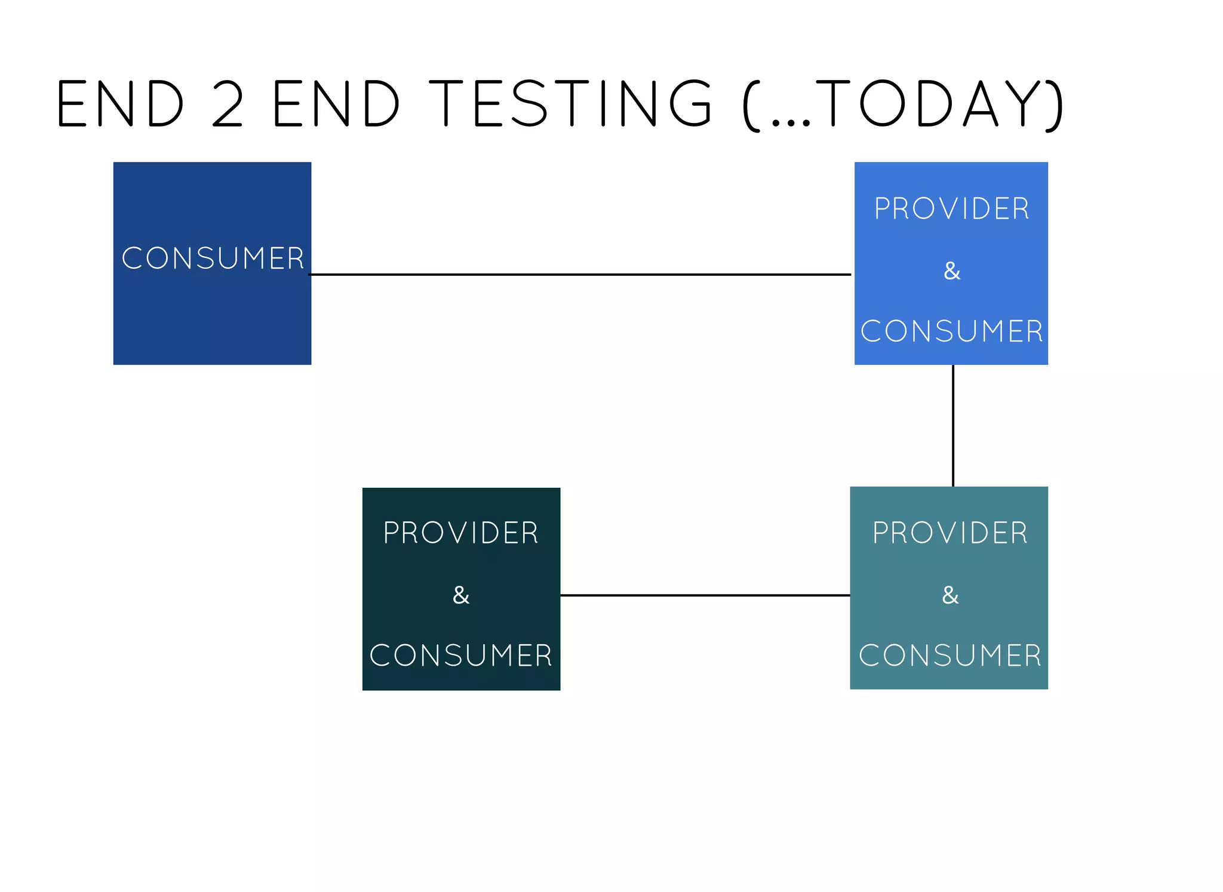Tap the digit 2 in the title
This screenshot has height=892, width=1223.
[x=228, y=104]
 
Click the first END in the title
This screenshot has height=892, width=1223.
[x=120, y=104]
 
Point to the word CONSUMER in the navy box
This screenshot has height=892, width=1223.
[x=213, y=259]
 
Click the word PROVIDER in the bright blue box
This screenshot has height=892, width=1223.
[x=952, y=209]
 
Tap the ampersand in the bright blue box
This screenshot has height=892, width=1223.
[x=952, y=271]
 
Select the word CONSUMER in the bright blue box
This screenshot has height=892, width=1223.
[x=952, y=331]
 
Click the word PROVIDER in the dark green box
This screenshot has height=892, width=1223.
[x=461, y=533]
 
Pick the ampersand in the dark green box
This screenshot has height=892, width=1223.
[x=461, y=595]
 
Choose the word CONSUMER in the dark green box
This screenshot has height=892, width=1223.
[x=461, y=656]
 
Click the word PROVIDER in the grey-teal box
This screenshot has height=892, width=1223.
[x=950, y=533]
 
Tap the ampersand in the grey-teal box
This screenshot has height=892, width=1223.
[x=950, y=595]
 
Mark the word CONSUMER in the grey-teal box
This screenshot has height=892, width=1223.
[x=950, y=656]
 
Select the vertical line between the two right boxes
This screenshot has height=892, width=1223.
[x=953, y=426]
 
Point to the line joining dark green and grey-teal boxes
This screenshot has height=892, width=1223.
[x=705, y=595]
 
